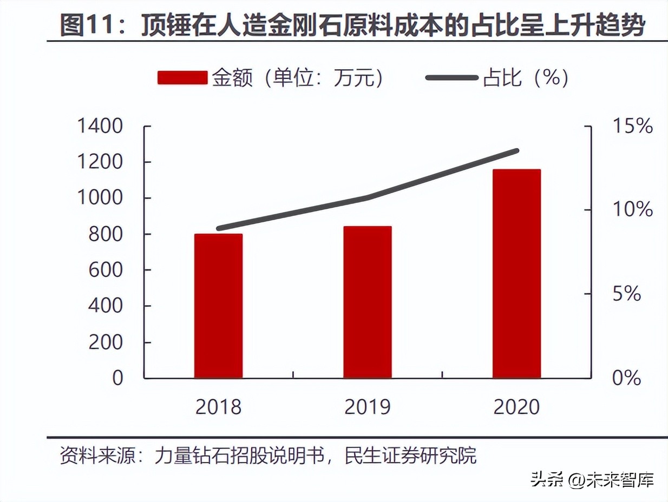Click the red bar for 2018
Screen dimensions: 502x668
tap(218, 306)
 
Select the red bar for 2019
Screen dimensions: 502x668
tap(368, 302)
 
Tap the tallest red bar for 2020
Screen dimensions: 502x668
tap(517, 273)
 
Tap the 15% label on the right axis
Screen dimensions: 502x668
tap(632, 127)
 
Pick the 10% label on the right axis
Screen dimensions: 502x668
tap(632, 210)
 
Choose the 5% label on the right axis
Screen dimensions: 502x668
tap(627, 294)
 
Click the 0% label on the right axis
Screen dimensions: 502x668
tap(627, 378)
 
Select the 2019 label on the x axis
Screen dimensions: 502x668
tap(368, 407)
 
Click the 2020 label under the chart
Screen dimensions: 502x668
tap(517, 407)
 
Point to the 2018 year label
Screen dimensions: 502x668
tap(218, 407)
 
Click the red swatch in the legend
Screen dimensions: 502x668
tap(182, 78)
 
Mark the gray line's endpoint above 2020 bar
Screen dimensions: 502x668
tap(516, 151)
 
